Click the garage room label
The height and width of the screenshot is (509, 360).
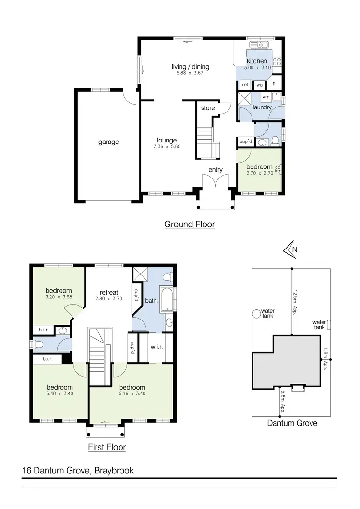tap(108, 142)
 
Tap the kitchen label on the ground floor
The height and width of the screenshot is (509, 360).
tap(257, 61)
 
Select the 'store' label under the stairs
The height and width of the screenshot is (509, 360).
tap(207, 108)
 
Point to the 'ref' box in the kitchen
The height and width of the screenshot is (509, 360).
tap(245, 84)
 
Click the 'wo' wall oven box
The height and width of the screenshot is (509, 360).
tap(259, 84)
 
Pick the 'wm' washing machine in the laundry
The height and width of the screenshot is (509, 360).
tap(265, 97)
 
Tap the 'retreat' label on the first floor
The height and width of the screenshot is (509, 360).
tap(109, 292)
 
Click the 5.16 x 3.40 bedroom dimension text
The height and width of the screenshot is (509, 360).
tap(132, 394)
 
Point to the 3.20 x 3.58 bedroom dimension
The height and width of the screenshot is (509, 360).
tap(59, 297)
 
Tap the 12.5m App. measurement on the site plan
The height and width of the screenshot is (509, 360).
tap(296, 301)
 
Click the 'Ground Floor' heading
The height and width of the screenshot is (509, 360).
tap(189, 224)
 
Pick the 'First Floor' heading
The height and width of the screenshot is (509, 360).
tap(107, 447)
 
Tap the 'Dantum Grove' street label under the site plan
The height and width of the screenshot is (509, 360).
tap(292, 423)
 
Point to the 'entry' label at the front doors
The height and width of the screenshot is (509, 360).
tap(216, 170)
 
